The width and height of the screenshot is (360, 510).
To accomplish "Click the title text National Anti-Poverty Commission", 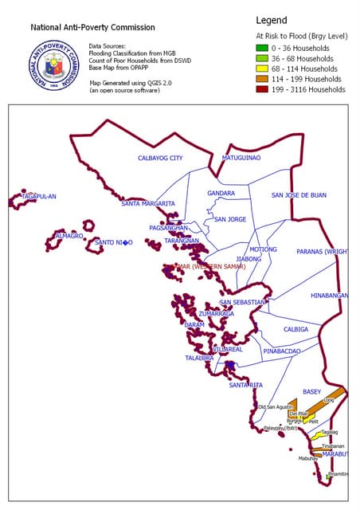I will [82, 26].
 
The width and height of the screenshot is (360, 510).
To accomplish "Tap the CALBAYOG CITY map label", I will [160, 158].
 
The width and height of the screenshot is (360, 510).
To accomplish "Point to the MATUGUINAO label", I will [241, 158].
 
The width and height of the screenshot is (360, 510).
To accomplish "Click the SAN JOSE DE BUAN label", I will [299, 194].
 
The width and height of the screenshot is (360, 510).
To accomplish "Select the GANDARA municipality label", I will [221, 193].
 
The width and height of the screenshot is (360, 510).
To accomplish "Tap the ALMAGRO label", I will [69, 236].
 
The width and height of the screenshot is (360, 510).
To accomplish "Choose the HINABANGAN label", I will [329, 295].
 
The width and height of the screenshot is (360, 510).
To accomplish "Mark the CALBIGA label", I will [296, 329].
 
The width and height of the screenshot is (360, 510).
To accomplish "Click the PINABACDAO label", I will [282, 351].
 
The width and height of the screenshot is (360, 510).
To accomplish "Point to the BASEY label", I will [312, 391].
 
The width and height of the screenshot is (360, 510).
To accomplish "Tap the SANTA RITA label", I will [245, 385].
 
